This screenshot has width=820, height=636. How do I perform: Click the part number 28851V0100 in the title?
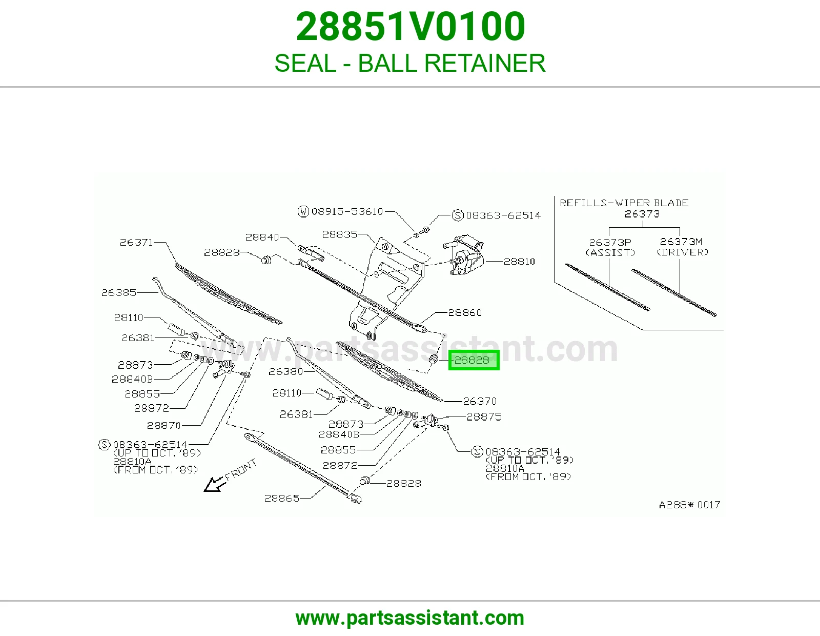tap(410, 27)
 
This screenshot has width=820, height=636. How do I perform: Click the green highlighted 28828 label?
tap(474, 360)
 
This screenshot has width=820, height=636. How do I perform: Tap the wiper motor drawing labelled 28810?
tap(464, 254)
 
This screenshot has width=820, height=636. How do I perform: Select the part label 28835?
tap(340, 234)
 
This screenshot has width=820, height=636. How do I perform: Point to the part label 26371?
tap(137, 242)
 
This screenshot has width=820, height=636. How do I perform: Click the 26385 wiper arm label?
tap(118, 293)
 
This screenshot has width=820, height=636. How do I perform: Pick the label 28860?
tap(465, 312)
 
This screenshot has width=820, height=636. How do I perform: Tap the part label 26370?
tap(480, 401)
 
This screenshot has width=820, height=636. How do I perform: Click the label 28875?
tap(484, 416)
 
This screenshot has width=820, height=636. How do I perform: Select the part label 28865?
tap(282, 498)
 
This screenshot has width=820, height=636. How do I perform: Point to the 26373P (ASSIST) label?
tap(610, 247)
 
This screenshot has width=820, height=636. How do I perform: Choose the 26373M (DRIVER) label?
tap(682, 247)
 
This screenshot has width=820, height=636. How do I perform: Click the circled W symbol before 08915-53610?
tap(303, 211)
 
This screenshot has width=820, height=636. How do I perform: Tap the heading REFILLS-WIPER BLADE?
tap(624, 203)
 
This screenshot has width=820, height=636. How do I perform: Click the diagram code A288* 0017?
tap(689, 505)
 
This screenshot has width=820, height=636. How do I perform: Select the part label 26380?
tap(285, 372)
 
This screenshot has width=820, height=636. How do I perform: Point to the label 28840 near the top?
tap(262, 237)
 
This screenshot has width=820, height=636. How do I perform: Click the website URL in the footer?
tap(410, 618)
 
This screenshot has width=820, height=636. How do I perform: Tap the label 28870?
tap(164, 425)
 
